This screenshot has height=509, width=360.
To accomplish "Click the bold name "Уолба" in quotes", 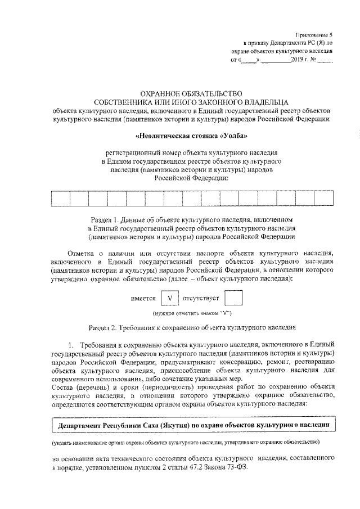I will [231, 136].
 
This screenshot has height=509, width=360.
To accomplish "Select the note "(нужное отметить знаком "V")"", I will [192, 313].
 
